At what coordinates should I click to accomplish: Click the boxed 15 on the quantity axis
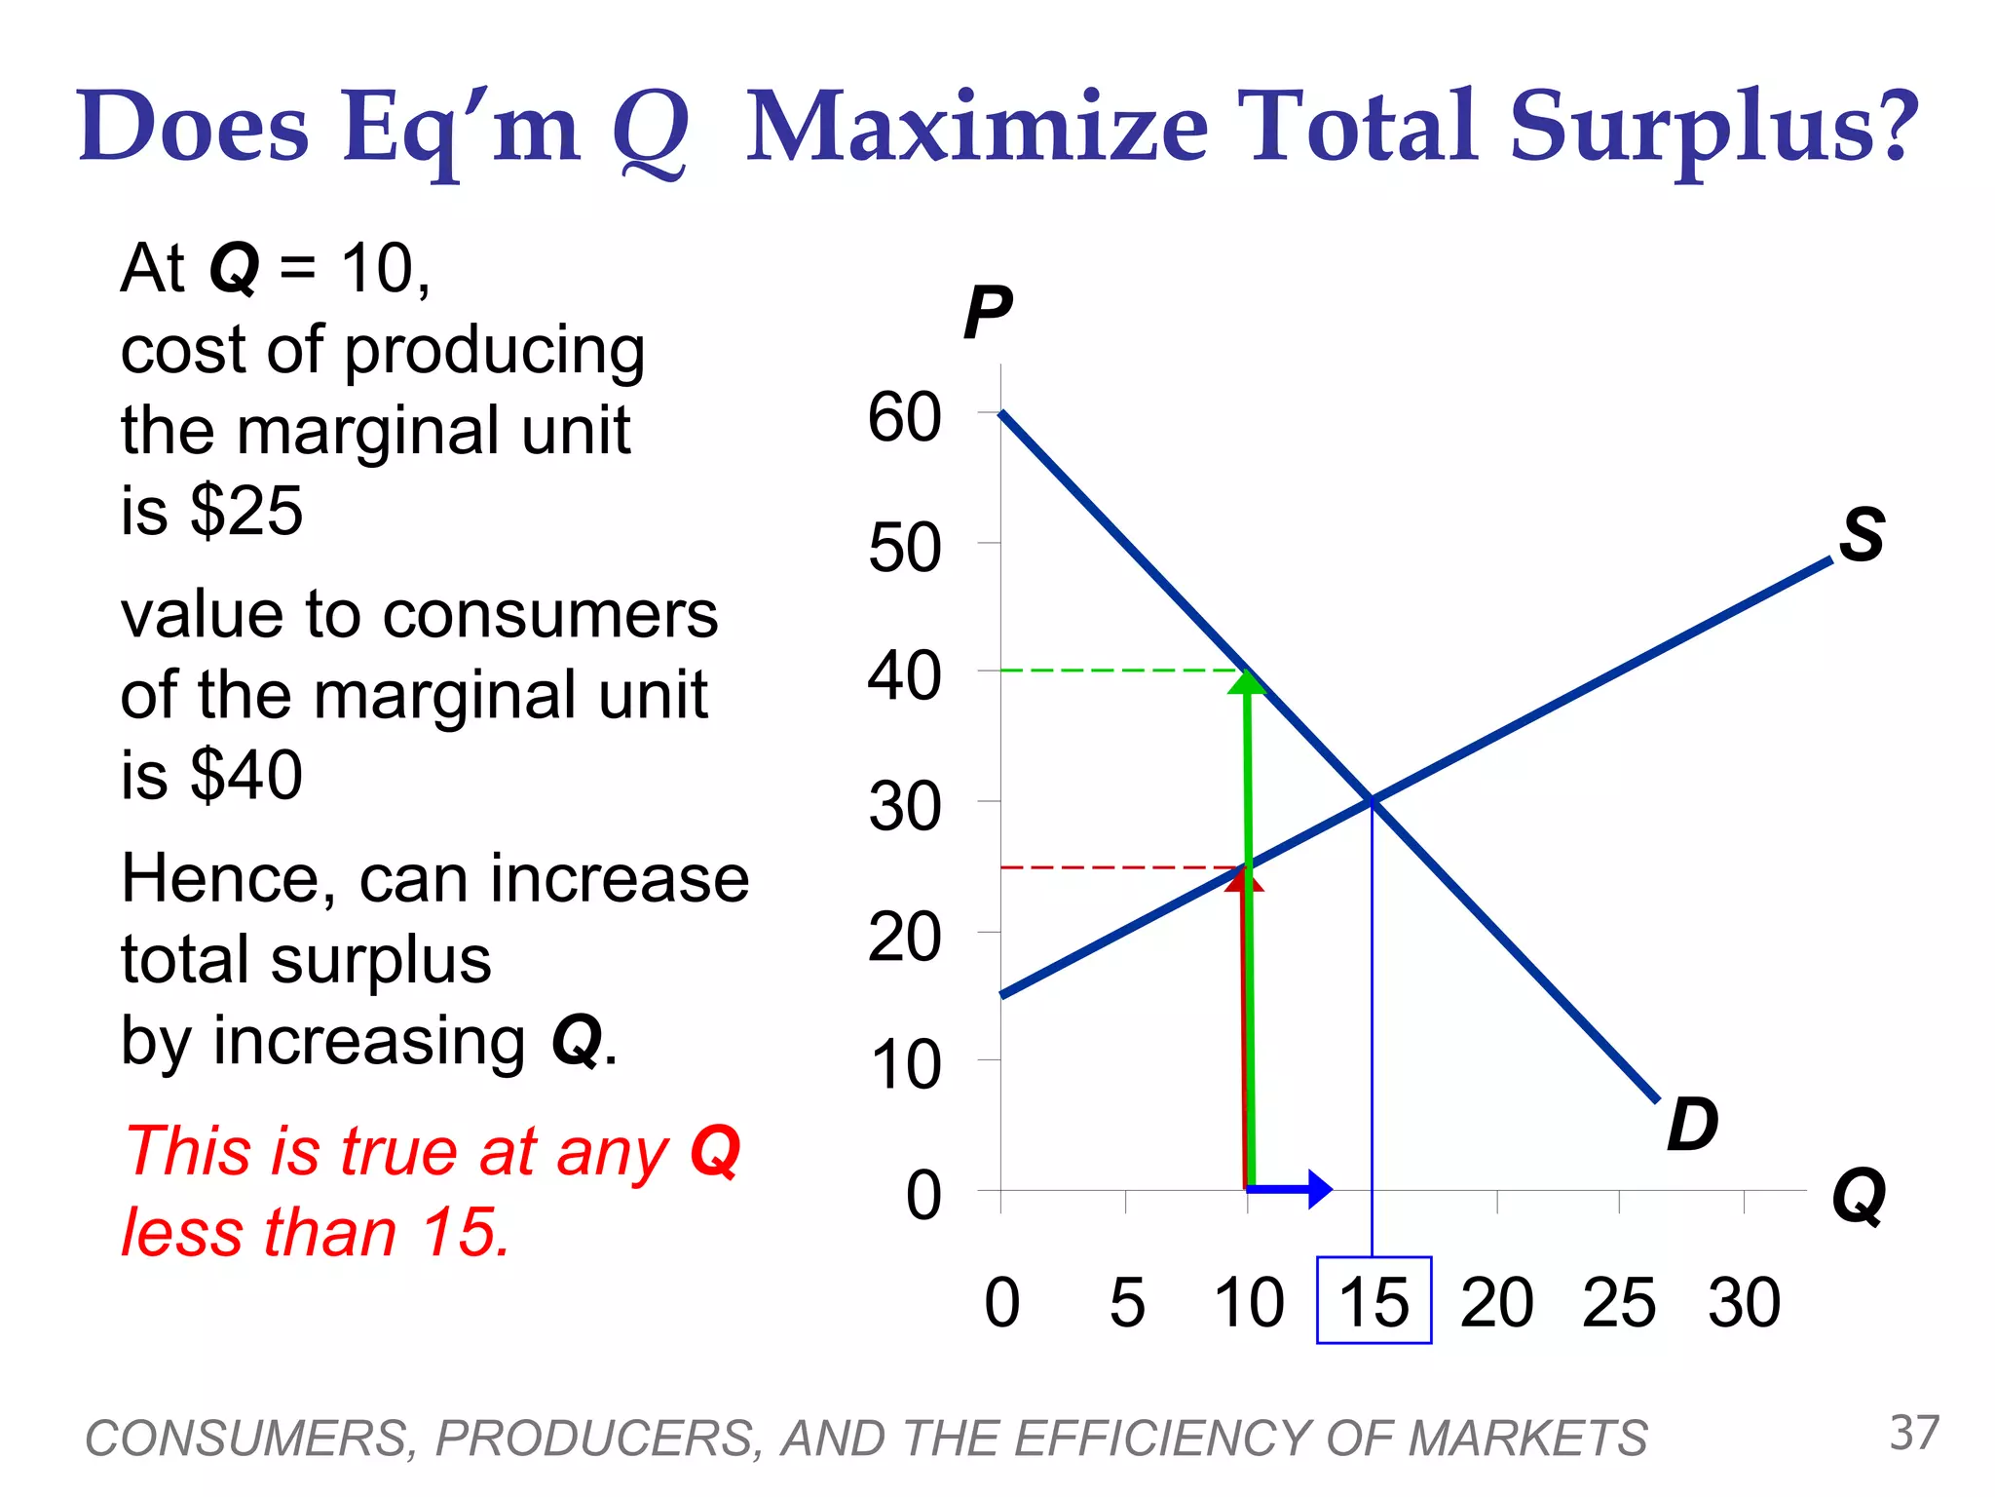pyautogui.click(x=1374, y=1301)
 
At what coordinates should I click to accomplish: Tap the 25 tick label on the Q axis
pyautogui.click(x=1619, y=1302)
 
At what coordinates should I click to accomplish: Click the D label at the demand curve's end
pyautogui.click(x=1692, y=1125)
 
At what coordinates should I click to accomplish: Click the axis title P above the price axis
pyautogui.click(x=987, y=314)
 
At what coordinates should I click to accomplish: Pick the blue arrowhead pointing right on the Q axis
pyautogui.click(x=1319, y=1188)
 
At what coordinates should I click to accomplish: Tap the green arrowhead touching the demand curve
pyautogui.click(x=1247, y=681)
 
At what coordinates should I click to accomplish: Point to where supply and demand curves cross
pyautogui.click(x=1372, y=800)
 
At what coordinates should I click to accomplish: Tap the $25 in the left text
pyautogui.click(x=246, y=511)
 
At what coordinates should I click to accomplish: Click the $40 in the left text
pyautogui.click(x=246, y=776)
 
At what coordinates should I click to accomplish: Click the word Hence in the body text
pyautogui.click(x=229, y=879)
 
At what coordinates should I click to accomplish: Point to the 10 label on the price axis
pyautogui.click(x=904, y=1064)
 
